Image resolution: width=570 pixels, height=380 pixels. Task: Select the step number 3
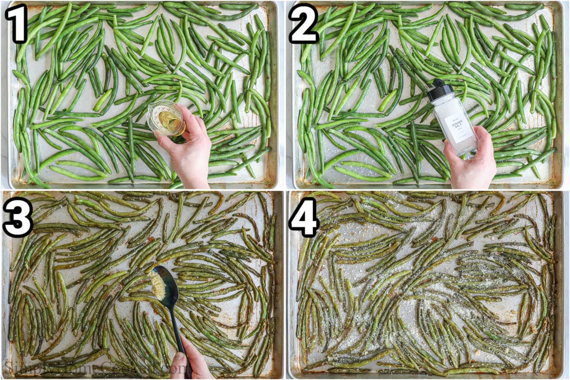pyautogui.click(x=18, y=217)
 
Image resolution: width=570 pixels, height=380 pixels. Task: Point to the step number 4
pyautogui.click(x=304, y=217)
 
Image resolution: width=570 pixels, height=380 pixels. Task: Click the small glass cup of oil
pyautogui.click(x=165, y=119)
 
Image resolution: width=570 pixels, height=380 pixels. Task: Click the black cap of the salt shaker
pyautogui.click(x=440, y=90)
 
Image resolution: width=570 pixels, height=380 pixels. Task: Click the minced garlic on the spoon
pyautogui.click(x=158, y=285)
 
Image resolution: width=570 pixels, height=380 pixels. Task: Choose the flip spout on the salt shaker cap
pyautogui.click(x=436, y=84)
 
